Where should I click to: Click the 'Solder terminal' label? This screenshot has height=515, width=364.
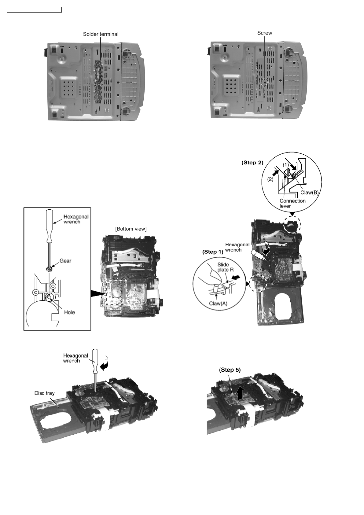[101, 34]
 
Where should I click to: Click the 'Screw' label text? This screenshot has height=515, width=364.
[264, 33]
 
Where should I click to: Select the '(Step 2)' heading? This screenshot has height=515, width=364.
[252, 163]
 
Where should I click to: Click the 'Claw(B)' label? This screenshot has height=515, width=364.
[309, 193]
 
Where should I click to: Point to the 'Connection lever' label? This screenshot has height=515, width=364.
[292, 203]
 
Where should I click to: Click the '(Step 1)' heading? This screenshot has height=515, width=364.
[213, 252]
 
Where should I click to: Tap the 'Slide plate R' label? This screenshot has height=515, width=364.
[225, 267]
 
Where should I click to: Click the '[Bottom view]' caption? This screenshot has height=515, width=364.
[131, 229]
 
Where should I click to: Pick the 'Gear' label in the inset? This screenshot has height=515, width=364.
[65, 261]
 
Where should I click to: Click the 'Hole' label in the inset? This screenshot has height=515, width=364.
[69, 312]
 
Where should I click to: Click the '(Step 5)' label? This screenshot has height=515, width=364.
[230, 370]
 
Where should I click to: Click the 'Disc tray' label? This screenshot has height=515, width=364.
[44, 393]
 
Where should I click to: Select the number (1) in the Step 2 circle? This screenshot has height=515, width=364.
[285, 164]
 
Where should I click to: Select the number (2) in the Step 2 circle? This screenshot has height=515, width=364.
[270, 179]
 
